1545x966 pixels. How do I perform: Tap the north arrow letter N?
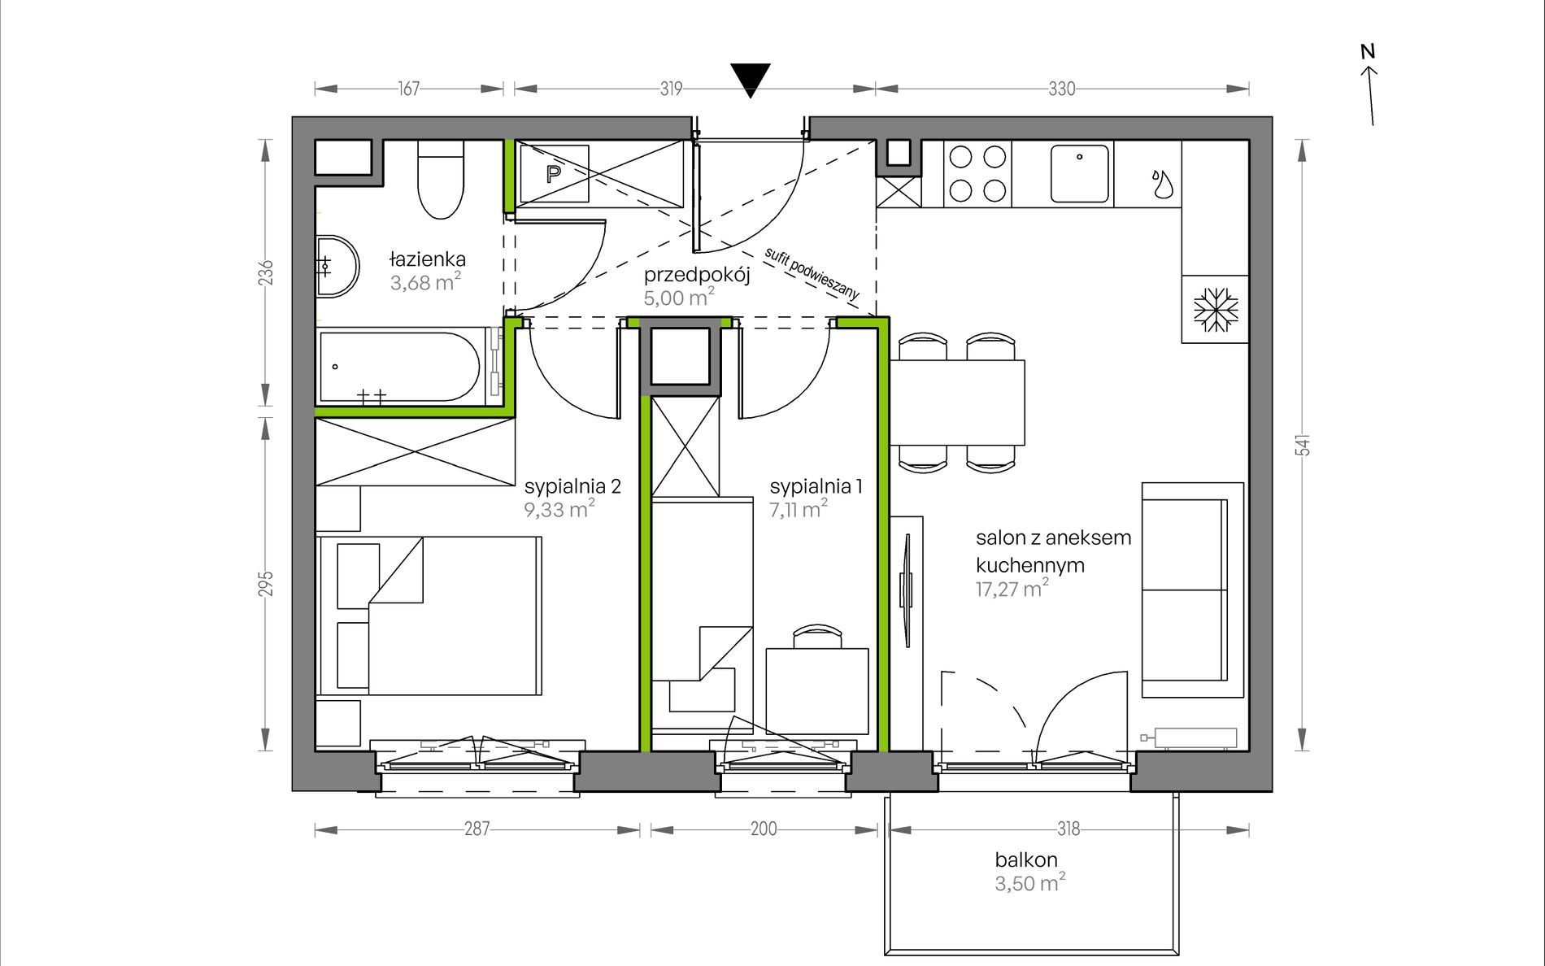click(1368, 52)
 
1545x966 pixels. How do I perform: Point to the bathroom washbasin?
click(336, 266)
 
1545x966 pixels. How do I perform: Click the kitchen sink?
click(1079, 173)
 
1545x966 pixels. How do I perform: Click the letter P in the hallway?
click(554, 174)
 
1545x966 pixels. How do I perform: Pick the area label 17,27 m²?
click(1012, 588)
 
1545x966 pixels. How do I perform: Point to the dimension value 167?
click(408, 89)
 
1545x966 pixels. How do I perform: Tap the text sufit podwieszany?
click(812, 276)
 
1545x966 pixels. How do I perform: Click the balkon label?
click(1026, 859)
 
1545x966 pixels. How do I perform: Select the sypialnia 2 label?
click(572, 486)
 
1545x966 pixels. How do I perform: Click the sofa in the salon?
click(1193, 590)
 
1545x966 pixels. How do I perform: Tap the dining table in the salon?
click(958, 402)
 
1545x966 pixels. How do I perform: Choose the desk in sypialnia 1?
click(817, 690)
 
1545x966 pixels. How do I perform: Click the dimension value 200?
click(764, 829)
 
